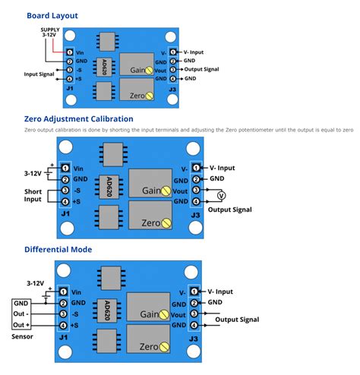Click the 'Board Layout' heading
[x=52, y=15]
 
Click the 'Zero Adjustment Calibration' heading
[x=79, y=119]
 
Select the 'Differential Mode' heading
[x=58, y=249]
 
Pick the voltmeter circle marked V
[x=222, y=195]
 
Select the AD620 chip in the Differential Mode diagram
[x=104, y=311]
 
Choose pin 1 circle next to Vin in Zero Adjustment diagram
[x=66, y=168]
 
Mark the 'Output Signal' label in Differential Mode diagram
[x=238, y=320]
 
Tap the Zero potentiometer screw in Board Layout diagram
[x=150, y=96]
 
